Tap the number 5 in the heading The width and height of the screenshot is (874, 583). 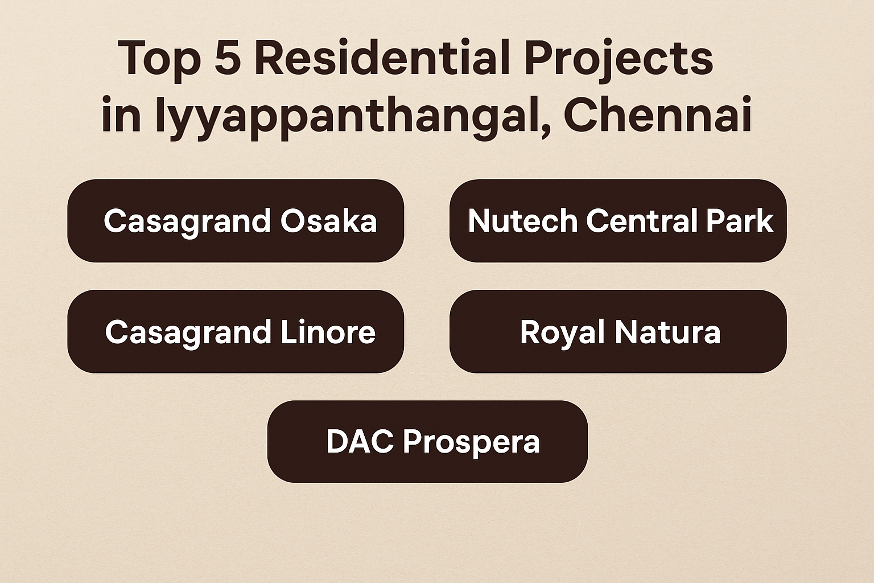tap(228, 58)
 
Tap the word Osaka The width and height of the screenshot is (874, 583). tap(328, 221)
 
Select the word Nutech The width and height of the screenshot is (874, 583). tap(523, 221)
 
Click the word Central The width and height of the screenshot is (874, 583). tap(642, 221)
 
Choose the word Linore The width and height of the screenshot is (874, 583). tap(328, 332)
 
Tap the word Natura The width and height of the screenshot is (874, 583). tap(667, 332)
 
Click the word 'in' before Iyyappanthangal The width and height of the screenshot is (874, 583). tap(121, 114)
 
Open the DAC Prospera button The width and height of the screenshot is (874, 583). tap(428, 442)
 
